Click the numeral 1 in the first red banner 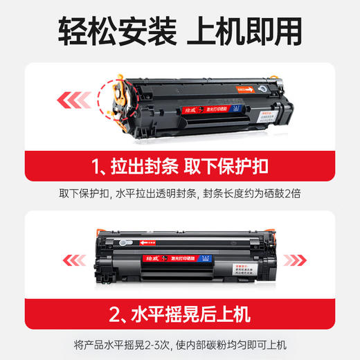(x=98, y=165)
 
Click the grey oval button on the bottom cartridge (x=126, y=243)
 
